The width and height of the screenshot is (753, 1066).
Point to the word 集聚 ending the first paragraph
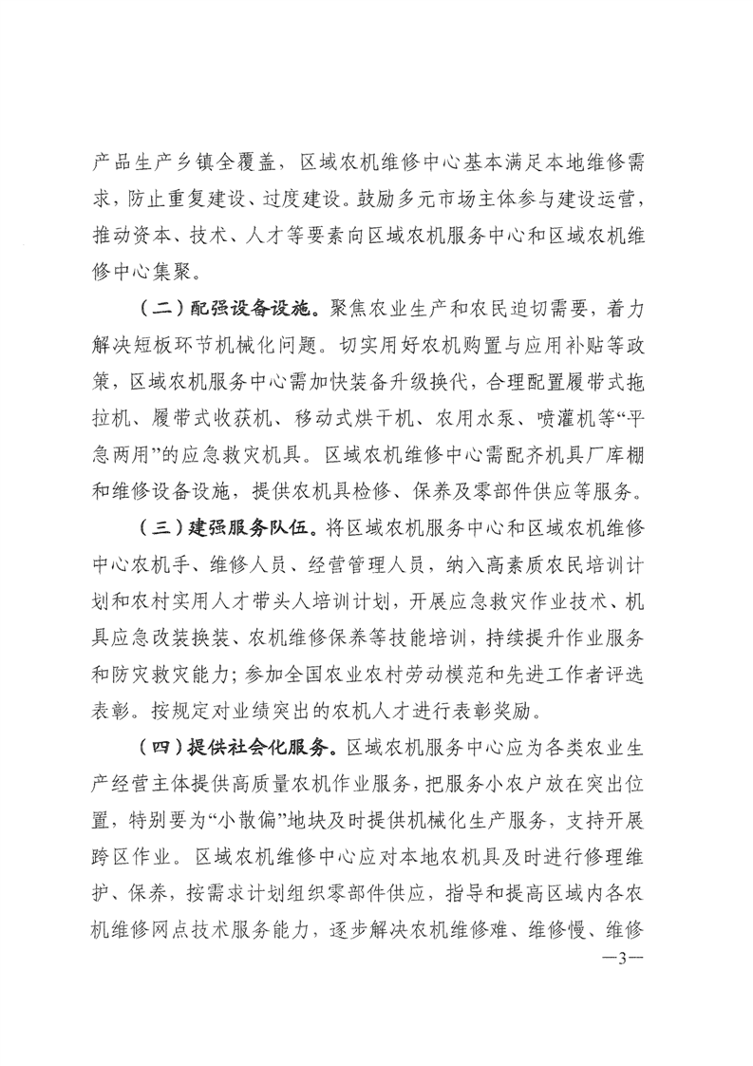[220, 272]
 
